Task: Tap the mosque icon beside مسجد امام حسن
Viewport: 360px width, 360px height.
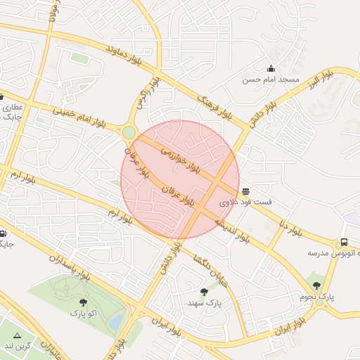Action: [x=271, y=68]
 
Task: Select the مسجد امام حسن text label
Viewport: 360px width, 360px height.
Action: [x=271, y=80]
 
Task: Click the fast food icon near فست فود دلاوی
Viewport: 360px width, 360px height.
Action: [x=245, y=191]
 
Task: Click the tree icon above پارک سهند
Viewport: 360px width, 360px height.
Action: [x=204, y=291]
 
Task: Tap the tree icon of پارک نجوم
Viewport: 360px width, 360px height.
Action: [x=316, y=285]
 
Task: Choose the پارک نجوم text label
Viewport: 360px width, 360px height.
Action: [x=320, y=297]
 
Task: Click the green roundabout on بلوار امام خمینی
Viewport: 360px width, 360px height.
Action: [x=129, y=132]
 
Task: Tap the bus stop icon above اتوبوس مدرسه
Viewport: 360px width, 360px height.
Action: [x=344, y=242]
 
